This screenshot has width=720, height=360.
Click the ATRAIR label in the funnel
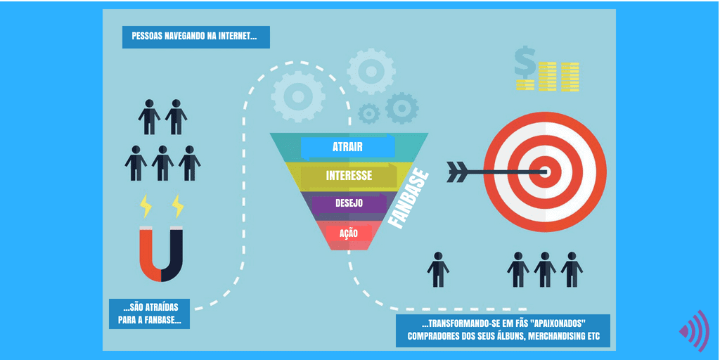(x=347, y=147)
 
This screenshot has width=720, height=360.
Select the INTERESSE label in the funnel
(x=349, y=175)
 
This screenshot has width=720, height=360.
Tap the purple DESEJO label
(x=349, y=203)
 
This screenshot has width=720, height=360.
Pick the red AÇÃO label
(x=349, y=233)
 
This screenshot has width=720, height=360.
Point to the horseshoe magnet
(x=161, y=255)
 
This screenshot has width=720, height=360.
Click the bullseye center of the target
(x=545, y=172)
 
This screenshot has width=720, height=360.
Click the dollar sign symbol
(x=525, y=63)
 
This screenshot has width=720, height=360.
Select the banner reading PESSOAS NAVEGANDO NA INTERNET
(x=196, y=37)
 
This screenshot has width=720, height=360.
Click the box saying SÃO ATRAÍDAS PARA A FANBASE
(x=149, y=314)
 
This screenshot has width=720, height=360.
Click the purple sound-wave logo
(x=695, y=330)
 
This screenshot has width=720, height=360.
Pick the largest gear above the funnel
(x=298, y=96)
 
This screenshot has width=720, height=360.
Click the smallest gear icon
(x=368, y=113)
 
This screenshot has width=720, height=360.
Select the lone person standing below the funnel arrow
(x=438, y=269)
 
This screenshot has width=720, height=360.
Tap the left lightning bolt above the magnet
(x=146, y=206)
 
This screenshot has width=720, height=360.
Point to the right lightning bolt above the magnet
(x=178, y=206)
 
